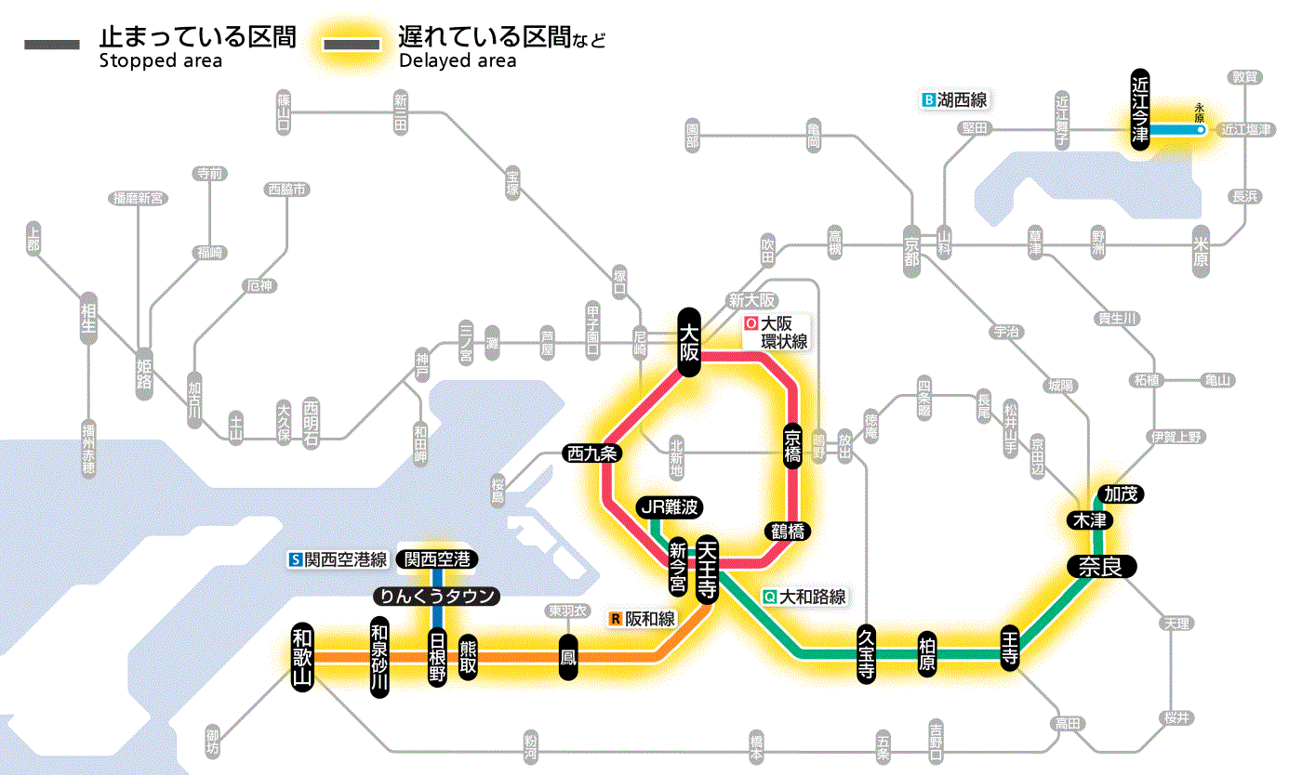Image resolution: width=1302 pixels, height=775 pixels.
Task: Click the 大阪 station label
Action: point(689,341)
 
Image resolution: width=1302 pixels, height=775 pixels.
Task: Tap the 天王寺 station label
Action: point(707,569)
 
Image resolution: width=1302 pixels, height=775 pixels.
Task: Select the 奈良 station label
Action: point(1100,567)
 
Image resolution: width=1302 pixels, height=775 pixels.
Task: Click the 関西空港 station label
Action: point(436,559)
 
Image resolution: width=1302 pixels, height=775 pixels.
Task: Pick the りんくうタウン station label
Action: point(435,596)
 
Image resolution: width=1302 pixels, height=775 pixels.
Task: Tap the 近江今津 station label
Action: point(1140,109)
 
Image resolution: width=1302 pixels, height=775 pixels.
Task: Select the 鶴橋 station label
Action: point(789,532)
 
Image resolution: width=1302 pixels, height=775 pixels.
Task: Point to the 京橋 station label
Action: point(792,447)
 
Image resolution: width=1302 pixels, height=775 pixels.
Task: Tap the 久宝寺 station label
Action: point(866,655)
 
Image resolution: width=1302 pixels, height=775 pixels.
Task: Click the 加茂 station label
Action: point(1120,494)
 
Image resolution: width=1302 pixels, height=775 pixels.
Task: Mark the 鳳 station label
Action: point(567,657)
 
